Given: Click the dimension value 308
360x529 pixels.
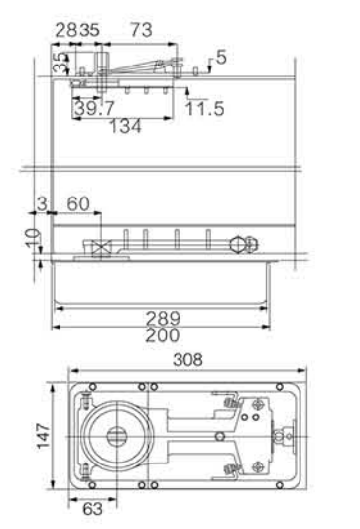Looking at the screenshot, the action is coord(187,359).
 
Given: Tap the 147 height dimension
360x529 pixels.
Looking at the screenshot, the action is coord(43,436).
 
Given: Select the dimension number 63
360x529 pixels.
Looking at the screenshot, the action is coord(92,509).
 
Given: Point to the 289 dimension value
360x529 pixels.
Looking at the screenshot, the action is coord(163,318).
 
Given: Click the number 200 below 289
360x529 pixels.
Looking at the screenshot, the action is coord(162,335).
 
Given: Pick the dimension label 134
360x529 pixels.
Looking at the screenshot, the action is coord(125,126).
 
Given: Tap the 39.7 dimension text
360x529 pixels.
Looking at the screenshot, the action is coord(95,108).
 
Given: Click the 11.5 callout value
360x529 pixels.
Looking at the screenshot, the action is coord(205,108).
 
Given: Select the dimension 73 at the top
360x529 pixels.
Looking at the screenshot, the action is coord(141,30).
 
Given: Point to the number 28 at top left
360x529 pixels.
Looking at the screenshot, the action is coord(66,30).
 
